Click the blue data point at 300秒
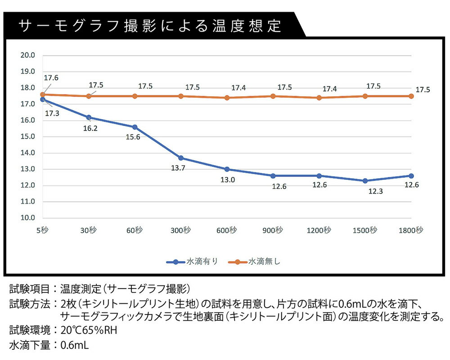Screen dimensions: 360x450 (x=181, y=158)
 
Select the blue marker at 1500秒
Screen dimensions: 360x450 (x=365, y=181)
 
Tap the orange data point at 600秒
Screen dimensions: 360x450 (x=227, y=98)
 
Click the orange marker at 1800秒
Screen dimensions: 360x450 (x=411, y=96)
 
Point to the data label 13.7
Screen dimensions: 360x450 (x=180, y=168)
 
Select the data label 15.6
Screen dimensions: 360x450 (x=133, y=137)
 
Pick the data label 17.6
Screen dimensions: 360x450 (x=51, y=78)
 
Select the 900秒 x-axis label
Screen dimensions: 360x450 (x=273, y=230)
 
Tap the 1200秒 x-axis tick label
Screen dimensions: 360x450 (x=319, y=230)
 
